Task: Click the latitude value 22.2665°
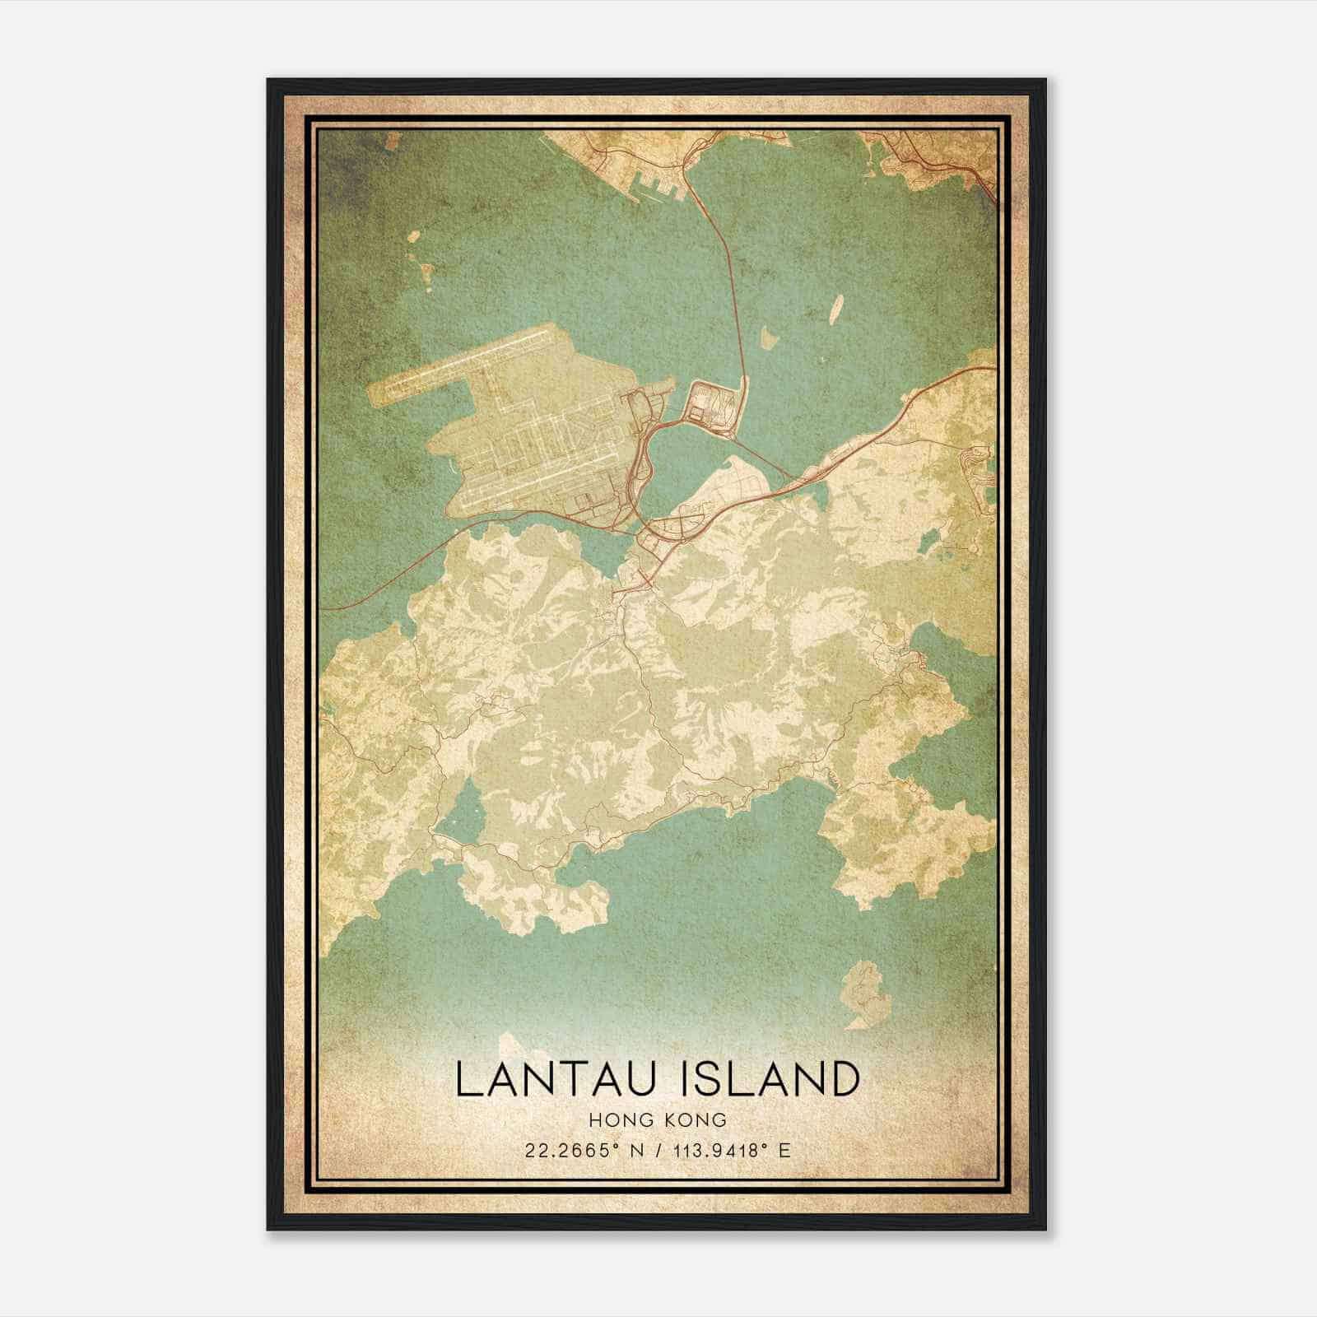[573, 1150]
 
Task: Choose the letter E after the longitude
[784, 1150]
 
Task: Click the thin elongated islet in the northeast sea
[833, 311]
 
